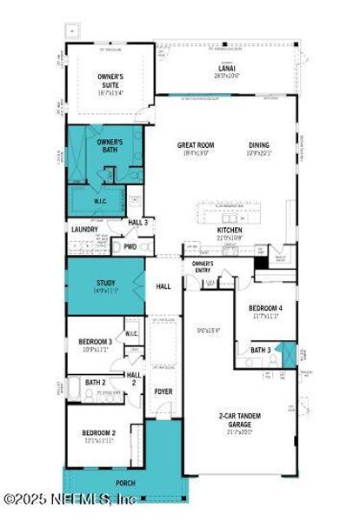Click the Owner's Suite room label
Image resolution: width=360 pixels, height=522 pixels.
(x=111, y=81)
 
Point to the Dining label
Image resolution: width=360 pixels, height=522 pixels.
(x=259, y=146)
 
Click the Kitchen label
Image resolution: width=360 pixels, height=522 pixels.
(x=230, y=231)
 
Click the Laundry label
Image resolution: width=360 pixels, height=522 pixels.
(x=85, y=230)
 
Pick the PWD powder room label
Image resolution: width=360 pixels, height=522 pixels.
(x=130, y=246)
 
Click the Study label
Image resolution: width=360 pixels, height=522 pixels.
(x=105, y=283)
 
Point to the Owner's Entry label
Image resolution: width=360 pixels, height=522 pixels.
(x=203, y=266)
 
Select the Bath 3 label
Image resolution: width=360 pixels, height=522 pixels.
(x=261, y=350)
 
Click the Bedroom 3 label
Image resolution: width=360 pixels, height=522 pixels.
(x=97, y=342)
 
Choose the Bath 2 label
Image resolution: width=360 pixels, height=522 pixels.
(x=95, y=382)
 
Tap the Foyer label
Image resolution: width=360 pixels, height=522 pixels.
(x=163, y=391)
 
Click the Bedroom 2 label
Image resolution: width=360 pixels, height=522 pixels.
(x=99, y=433)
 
